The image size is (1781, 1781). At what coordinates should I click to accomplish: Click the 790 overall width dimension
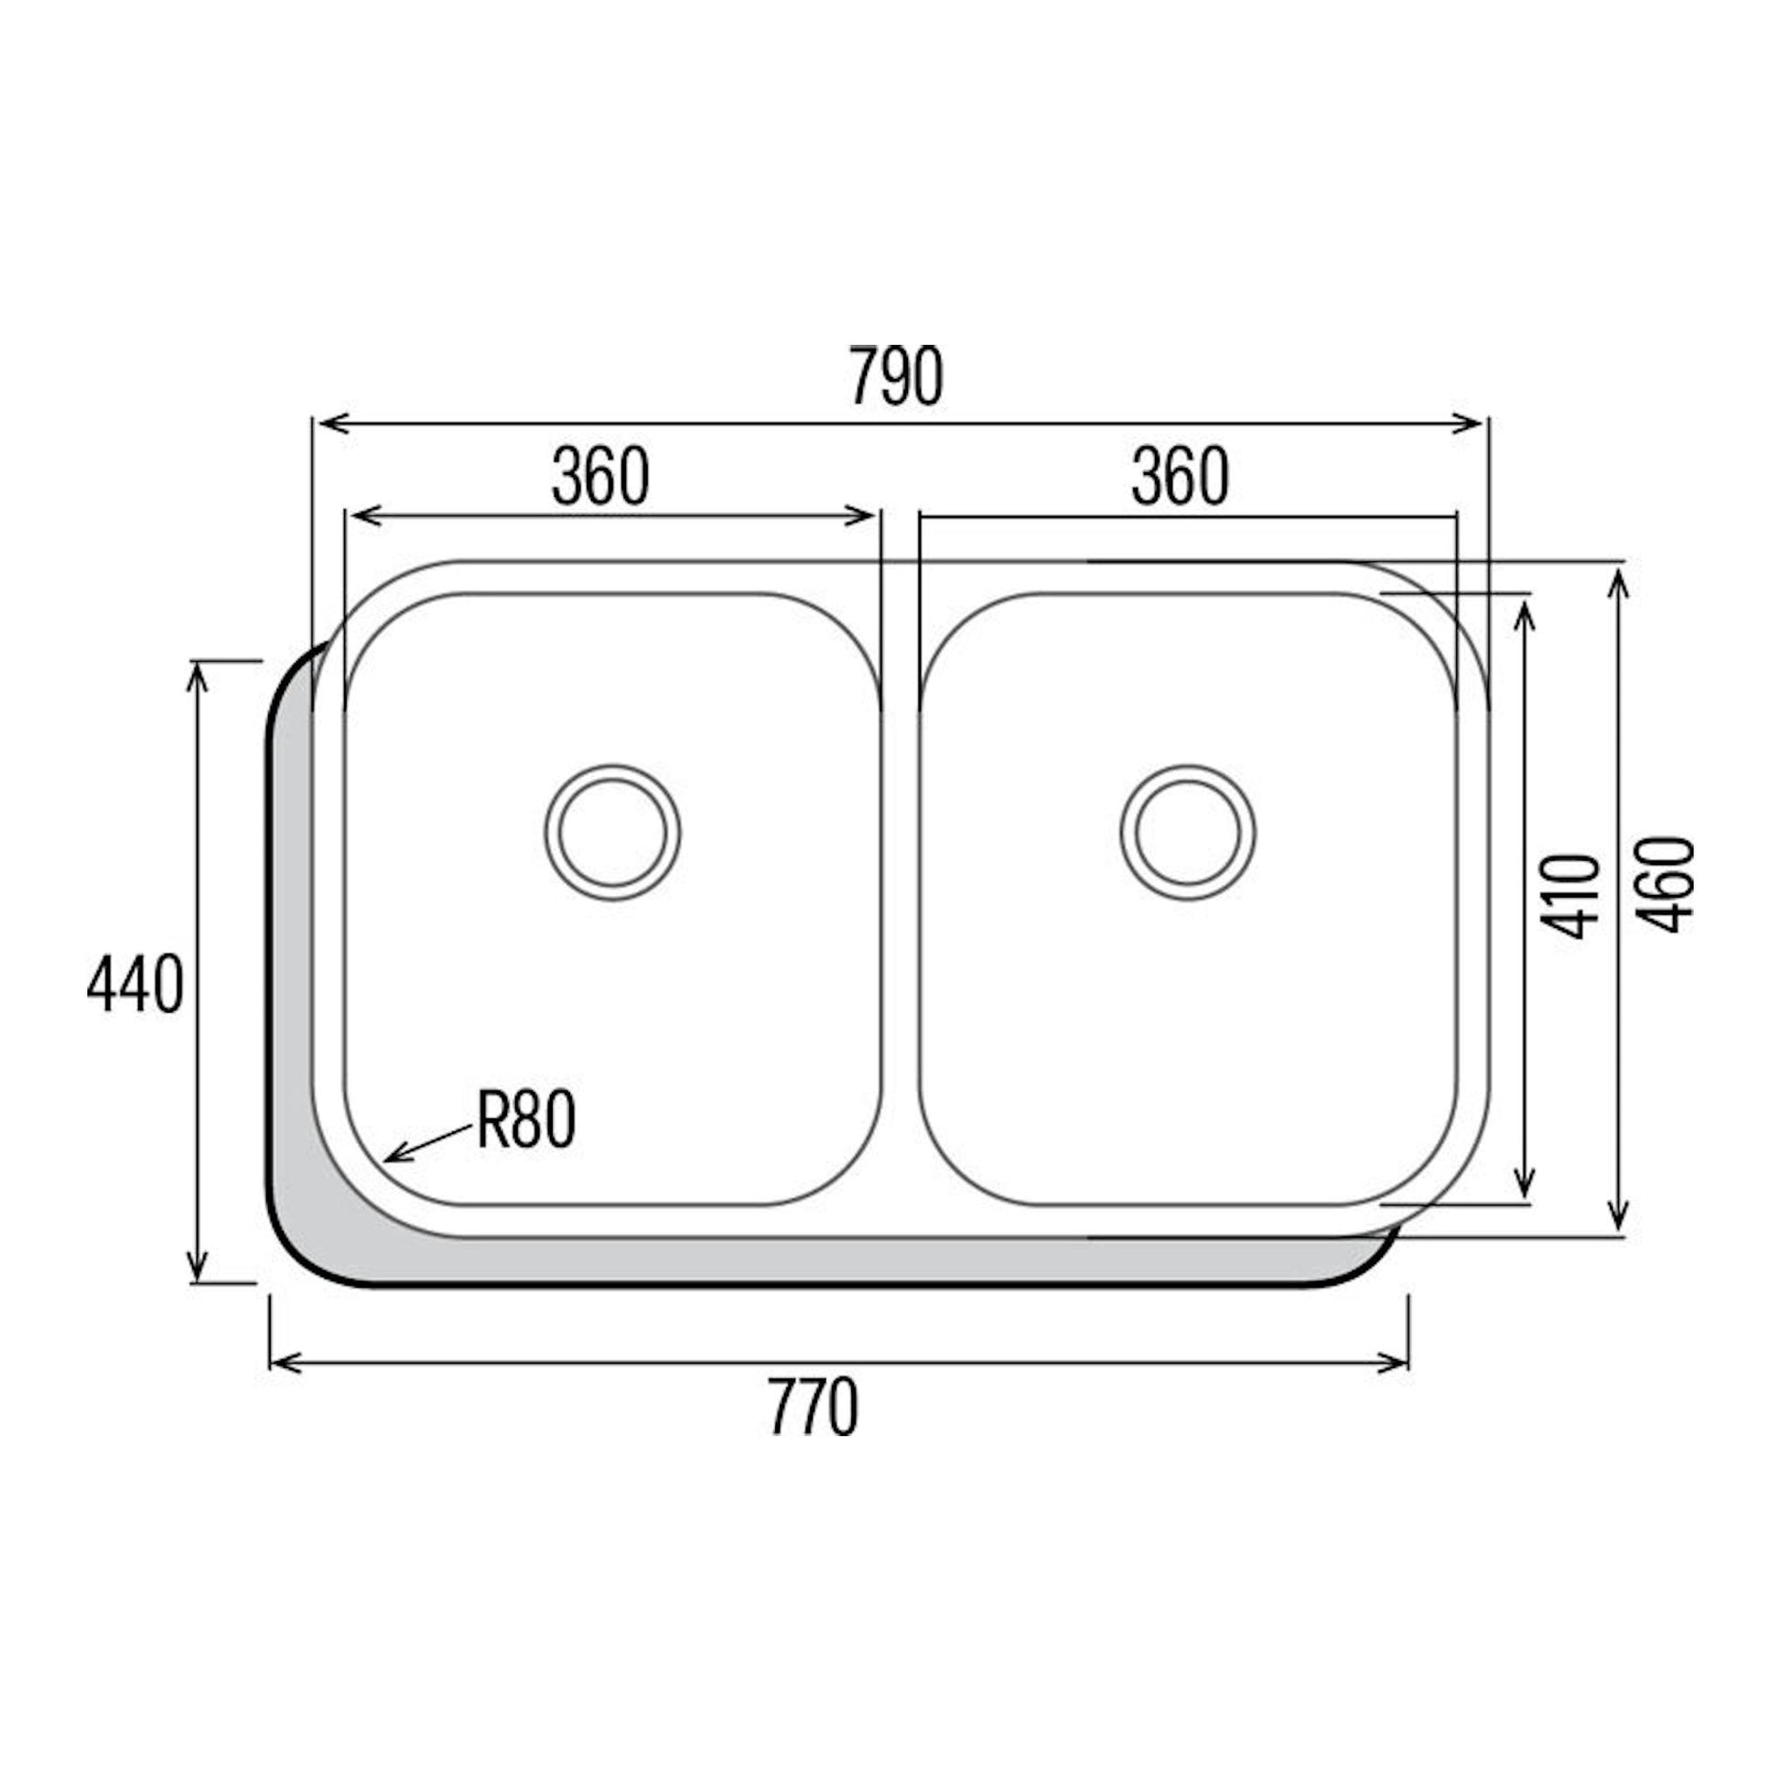click(x=896, y=376)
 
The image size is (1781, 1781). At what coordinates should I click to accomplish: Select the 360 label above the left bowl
click(x=601, y=477)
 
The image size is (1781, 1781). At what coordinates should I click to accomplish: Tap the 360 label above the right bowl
click(x=1181, y=477)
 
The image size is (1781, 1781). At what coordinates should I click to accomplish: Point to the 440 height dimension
click(x=135, y=986)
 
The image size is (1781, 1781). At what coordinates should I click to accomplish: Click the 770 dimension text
click(x=814, y=1407)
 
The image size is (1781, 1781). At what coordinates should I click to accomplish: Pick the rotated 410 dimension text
click(x=1571, y=897)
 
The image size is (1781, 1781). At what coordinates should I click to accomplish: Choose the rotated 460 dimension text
click(x=1667, y=884)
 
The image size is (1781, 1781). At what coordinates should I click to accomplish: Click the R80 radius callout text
click(x=526, y=1121)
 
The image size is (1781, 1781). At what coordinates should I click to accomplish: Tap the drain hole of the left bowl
click(x=612, y=833)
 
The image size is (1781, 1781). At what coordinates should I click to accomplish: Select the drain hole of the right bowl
click(x=1188, y=833)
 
